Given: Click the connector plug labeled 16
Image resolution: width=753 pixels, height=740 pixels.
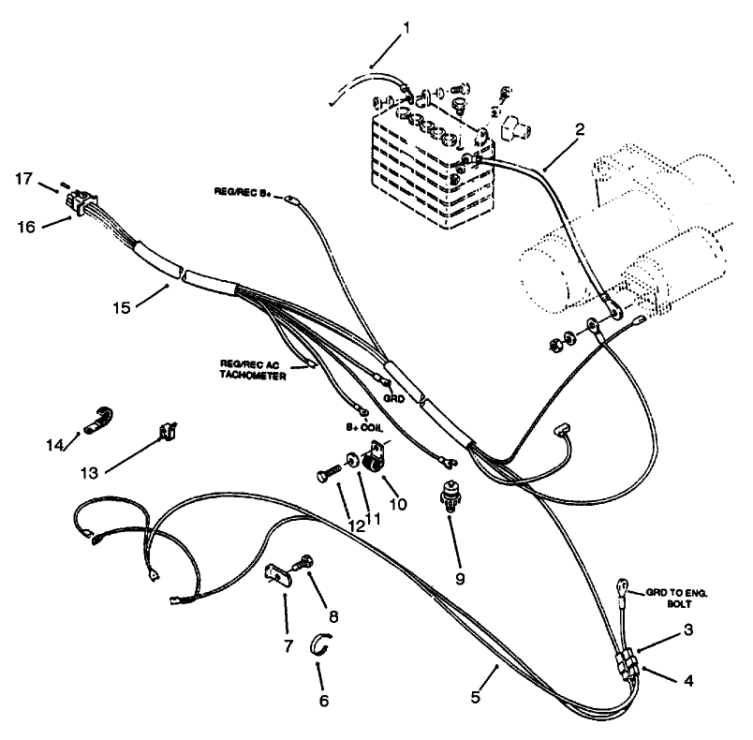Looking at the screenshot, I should pos(78,201).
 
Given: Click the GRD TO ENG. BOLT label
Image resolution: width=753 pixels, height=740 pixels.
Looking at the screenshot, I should pos(674,599).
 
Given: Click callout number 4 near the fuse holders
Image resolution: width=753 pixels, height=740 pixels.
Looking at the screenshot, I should pos(688,682).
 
